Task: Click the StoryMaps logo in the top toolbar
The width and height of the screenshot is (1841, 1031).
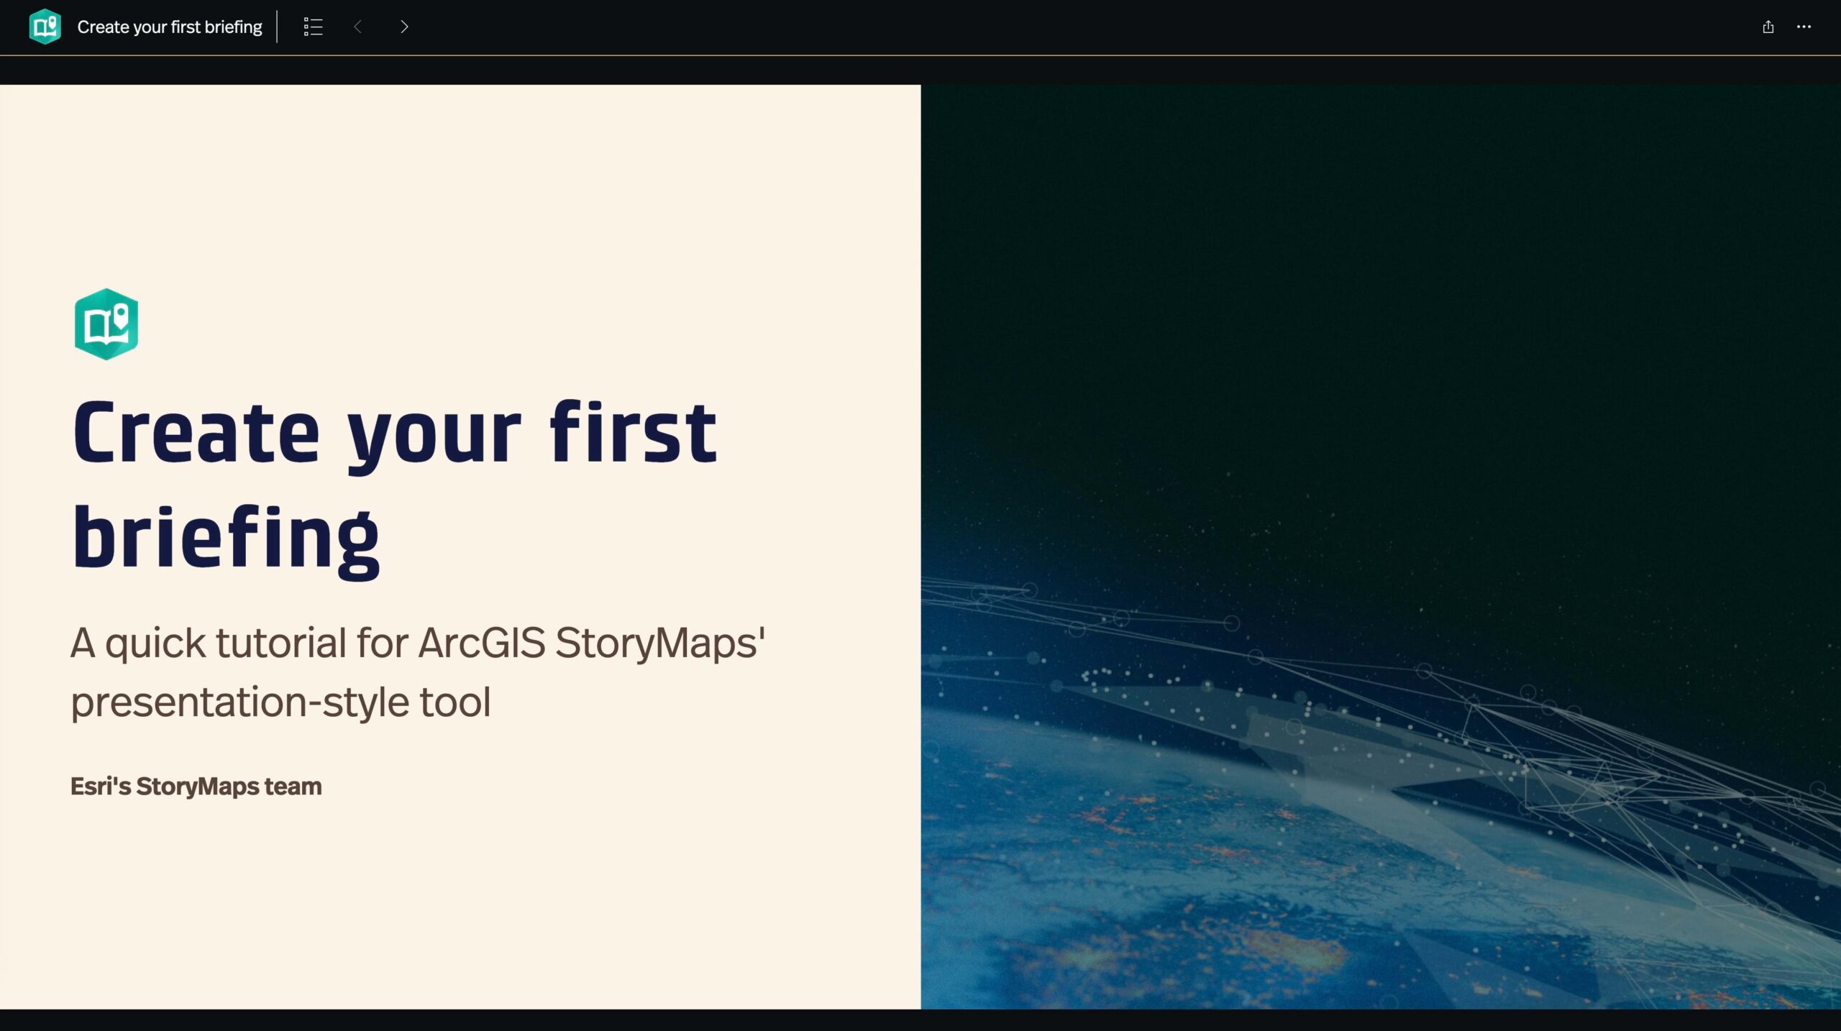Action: point(45,27)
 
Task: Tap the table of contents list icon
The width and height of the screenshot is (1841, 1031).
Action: point(313,27)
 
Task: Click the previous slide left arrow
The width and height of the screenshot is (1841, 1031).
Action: point(357,27)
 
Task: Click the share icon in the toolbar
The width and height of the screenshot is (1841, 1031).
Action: point(1768,27)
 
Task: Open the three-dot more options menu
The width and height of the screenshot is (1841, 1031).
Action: point(1804,27)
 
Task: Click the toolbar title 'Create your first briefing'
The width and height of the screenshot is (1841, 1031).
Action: point(170,27)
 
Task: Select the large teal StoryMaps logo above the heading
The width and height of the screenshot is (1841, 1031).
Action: point(106,324)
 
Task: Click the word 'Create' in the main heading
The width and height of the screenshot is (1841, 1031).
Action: point(196,432)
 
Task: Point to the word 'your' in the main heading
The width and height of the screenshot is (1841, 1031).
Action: point(434,437)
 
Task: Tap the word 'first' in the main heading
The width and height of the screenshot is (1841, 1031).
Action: point(634,431)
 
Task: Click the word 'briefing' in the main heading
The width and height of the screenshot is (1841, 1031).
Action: point(226,540)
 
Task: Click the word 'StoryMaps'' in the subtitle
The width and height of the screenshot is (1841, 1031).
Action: point(660,643)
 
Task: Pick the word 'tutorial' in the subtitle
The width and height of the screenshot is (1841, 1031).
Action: point(281,642)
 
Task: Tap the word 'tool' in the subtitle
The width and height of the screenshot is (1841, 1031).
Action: point(455,702)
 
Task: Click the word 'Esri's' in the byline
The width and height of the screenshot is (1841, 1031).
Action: point(101,786)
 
